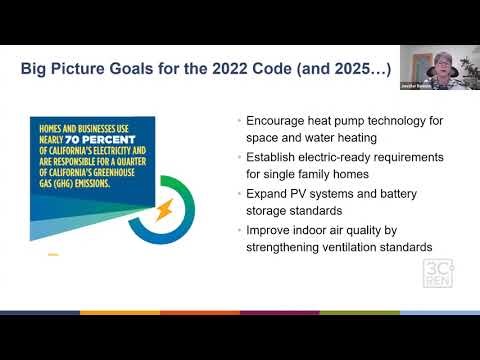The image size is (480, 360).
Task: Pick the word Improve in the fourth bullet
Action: (x=274, y=229)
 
